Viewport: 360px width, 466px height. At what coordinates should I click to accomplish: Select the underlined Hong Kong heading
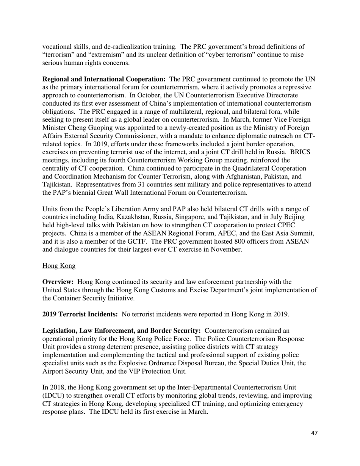coord(59,266)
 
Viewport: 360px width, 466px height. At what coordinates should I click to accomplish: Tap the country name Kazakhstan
coord(124,217)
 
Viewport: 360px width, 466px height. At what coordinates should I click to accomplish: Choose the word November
coord(224,249)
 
